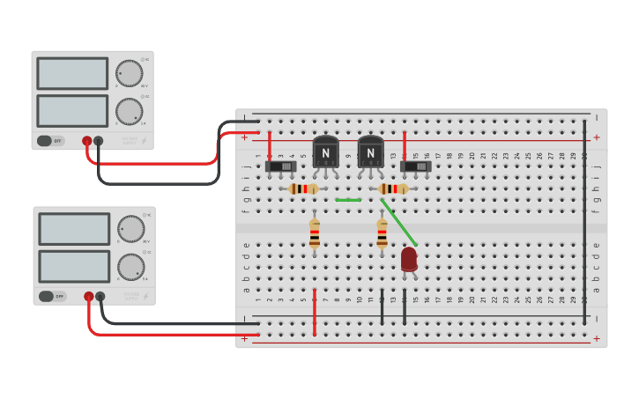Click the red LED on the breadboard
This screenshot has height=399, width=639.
click(409, 259)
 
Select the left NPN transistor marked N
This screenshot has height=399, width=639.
click(325, 151)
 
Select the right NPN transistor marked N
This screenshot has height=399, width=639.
click(371, 151)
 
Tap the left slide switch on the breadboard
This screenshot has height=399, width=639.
click(281, 166)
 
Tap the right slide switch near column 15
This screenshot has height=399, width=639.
click(416, 166)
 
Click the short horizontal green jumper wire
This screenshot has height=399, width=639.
click(348, 200)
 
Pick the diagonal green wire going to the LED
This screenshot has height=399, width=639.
click(399, 223)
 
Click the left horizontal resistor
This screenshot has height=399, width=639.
click(304, 188)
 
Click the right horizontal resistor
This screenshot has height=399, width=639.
click(393, 188)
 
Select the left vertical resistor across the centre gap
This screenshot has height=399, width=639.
click(315, 233)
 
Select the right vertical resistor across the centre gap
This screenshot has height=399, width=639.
click(382, 233)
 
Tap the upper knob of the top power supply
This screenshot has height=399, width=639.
click(130, 73)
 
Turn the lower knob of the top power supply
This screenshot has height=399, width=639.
click(130, 112)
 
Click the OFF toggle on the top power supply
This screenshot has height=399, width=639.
click(50, 141)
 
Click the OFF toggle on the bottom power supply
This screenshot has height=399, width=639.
click(52, 296)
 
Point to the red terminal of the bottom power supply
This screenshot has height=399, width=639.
click(89, 297)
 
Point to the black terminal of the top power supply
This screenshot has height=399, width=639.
click(99, 141)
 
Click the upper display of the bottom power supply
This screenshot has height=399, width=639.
click(74, 229)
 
